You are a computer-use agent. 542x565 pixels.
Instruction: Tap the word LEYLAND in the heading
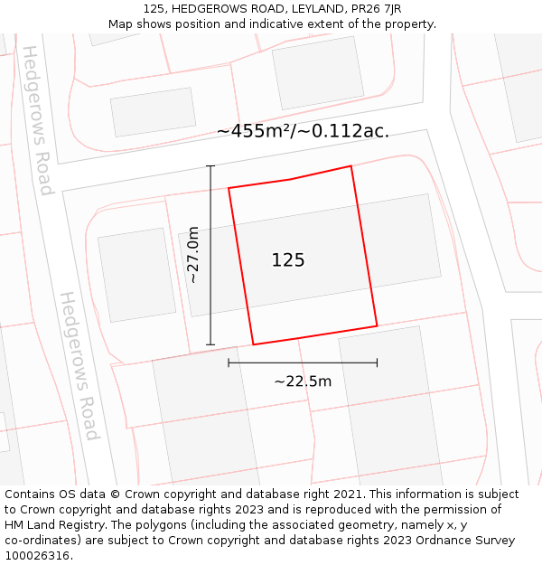point(313,9)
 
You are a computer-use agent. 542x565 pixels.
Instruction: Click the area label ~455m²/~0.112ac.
point(303,131)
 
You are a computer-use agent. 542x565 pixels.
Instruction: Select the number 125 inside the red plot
point(288,260)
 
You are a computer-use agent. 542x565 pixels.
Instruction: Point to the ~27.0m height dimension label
point(193,255)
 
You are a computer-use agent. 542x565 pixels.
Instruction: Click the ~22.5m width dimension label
point(303,381)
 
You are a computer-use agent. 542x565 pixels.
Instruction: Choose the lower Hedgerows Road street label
point(78,365)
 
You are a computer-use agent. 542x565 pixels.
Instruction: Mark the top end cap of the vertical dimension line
point(210,166)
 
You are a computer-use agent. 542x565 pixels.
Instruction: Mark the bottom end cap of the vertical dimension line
point(210,344)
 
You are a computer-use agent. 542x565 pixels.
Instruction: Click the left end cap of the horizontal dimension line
point(229,363)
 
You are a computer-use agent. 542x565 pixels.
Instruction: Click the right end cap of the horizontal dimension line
point(377,363)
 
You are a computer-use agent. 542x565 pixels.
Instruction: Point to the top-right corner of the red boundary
point(350,166)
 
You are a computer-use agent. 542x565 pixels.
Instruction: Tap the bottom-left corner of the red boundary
point(253,344)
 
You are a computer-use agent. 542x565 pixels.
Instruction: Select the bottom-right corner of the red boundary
point(377,325)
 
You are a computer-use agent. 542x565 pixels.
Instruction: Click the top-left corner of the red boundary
point(229,188)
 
